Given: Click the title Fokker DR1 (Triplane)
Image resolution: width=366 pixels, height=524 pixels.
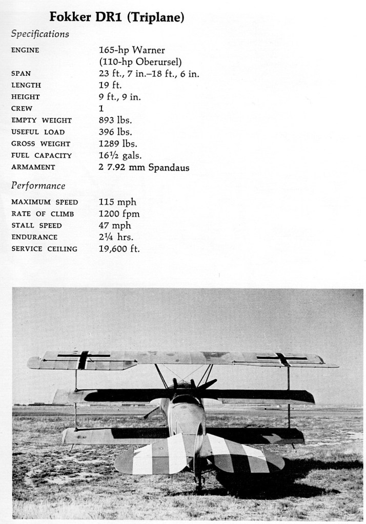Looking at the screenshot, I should coord(117,17).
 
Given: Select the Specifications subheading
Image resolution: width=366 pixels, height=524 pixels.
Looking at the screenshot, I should coord(40,34).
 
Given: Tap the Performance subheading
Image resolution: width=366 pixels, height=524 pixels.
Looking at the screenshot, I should coord(38,185).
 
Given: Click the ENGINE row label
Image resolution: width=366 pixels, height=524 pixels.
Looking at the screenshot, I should coord(25,50).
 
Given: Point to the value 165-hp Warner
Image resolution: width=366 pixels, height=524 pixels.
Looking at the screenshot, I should coord(132,50).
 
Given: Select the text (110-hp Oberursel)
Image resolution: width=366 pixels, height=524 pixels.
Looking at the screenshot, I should coord(140,62).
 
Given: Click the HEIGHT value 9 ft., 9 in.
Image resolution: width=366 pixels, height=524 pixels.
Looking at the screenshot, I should coord(119,97).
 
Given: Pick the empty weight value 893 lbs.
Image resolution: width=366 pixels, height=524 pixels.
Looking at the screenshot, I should coord(115,120).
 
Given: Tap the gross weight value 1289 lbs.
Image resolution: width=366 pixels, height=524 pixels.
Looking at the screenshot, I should coord(118,143).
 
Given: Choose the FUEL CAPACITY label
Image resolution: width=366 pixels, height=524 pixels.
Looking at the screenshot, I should coord(42,155).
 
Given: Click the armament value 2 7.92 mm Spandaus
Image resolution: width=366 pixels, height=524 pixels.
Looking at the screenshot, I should coord(144,167).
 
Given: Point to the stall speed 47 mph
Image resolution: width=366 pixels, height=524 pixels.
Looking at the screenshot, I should coord(115,225).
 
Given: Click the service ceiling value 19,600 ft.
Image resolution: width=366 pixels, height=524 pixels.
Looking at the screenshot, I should coord(119,249).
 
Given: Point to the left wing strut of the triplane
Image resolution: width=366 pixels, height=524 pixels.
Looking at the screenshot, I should coord(76,400).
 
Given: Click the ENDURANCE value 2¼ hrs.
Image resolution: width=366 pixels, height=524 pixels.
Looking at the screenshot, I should coord(116,237).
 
